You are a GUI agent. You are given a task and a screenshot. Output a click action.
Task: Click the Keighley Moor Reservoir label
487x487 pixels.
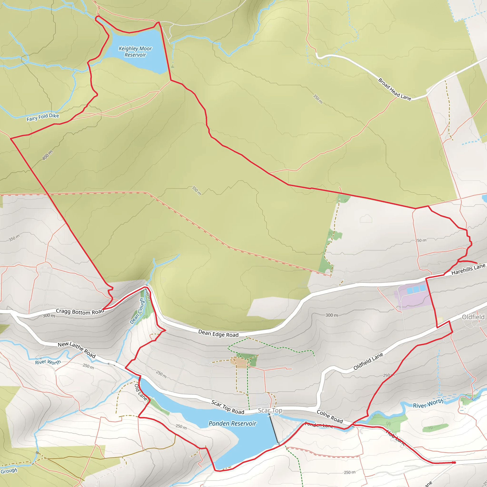[x=135, y=52]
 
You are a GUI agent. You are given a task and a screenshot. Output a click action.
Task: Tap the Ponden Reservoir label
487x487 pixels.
[x=232, y=424]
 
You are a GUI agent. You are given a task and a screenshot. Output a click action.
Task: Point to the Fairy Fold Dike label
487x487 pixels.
[x=43, y=117]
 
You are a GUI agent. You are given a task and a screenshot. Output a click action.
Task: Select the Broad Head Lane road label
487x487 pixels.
[x=394, y=89]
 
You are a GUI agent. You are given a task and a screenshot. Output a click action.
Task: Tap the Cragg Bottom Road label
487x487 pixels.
[x=80, y=312]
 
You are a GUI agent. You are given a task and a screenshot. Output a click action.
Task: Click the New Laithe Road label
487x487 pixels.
[x=77, y=350]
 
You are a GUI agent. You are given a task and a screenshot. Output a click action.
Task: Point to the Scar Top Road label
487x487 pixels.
[x=228, y=407]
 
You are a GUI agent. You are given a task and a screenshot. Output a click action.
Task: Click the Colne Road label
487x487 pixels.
[x=330, y=417]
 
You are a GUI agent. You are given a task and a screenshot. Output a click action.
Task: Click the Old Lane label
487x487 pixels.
[x=141, y=392]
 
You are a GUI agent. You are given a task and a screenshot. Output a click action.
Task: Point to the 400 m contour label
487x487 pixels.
[x=47, y=155]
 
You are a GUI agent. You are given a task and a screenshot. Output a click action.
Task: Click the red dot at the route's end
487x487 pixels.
[x=454, y=463]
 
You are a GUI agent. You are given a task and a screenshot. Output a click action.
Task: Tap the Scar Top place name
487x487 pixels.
[x=270, y=410]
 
